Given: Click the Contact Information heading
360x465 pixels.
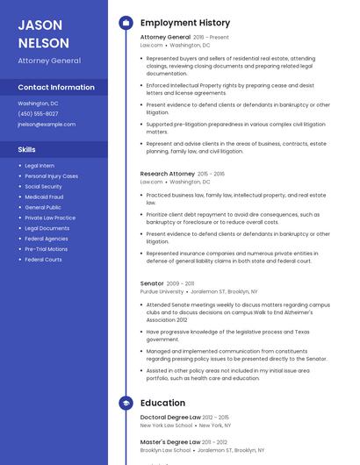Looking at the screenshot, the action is click(x=56, y=88).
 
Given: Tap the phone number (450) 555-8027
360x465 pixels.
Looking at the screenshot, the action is click(x=38, y=114).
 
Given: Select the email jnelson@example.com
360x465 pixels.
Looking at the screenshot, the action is click(x=47, y=125).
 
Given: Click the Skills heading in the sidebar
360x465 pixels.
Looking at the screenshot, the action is click(x=26, y=150).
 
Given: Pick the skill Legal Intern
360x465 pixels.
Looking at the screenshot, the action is click(x=40, y=166).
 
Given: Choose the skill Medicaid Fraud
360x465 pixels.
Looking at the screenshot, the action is click(x=44, y=197).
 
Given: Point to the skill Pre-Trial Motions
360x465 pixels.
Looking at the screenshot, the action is click(x=46, y=249).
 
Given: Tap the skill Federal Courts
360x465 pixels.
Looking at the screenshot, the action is click(x=43, y=260).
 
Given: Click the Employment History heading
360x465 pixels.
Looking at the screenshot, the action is click(x=184, y=23).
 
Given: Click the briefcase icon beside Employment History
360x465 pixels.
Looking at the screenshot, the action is click(x=125, y=23).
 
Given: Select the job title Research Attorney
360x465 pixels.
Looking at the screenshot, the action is click(x=168, y=174).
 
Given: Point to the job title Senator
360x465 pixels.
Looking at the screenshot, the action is click(x=152, y=283).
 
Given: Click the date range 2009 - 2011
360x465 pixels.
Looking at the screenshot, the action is click(x=181, y=283).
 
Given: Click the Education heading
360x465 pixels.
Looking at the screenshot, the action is click(x=162, y=403).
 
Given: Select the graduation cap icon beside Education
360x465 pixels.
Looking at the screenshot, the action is click(x=125, y=403).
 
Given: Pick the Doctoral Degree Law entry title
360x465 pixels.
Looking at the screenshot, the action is click(x=170, y=418).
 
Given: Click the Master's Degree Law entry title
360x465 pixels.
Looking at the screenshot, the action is click(x=170, y=442).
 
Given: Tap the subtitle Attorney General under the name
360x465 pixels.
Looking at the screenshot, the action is click(x=49, y=61).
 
